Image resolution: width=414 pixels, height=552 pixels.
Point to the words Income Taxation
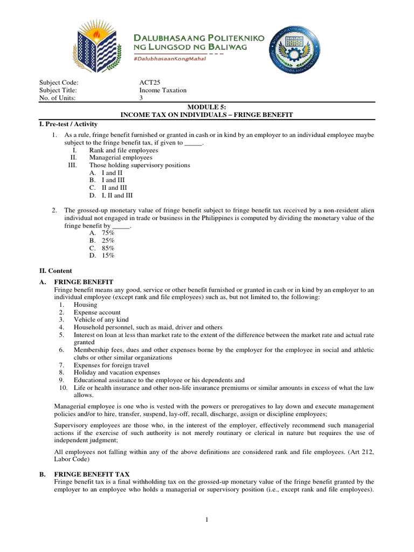pyautogui.click(x=163, y=91)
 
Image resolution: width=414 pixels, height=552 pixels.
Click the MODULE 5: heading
pyautogui.click(x=207, y=108)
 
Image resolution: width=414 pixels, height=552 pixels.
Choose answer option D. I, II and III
pyautogui.click(x=111, y=196)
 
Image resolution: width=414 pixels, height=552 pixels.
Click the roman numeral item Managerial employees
pyautogui.click(x=121, y=158)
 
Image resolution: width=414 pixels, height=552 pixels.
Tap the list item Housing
pyautogui.click(x=86, y=305)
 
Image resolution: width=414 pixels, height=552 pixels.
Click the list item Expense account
pyautogui.click(x=97, y=312)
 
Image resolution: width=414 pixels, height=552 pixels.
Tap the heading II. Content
pyautogui.click(x=56, y=271)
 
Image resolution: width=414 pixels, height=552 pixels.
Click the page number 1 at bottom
pyautogui.click(x=207, y=520)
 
